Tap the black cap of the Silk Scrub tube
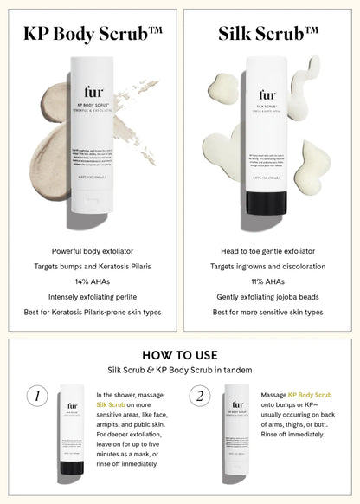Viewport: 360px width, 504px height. pos(268,202)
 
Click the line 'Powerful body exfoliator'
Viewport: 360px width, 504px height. pos(91,249)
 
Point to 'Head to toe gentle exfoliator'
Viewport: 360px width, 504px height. pos(268,249)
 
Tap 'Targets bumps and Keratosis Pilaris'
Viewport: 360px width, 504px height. pos(91,265)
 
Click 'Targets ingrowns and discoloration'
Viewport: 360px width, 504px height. pos(268,265)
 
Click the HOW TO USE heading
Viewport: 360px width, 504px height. pos(179,355)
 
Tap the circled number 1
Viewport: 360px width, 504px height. pos(36,397)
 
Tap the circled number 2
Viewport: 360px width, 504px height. pos(201,397)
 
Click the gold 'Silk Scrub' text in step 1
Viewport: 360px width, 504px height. pos(111,404)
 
